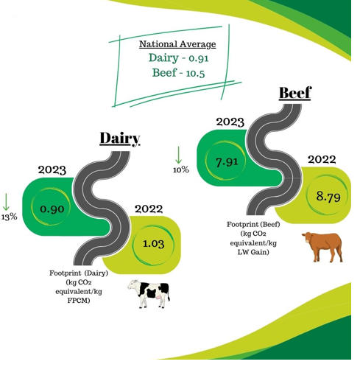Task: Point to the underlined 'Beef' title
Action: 294,94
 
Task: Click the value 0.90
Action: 50,209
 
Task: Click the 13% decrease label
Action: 9,217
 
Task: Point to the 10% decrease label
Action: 180,170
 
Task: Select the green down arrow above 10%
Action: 178,155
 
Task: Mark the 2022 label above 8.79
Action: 322,160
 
